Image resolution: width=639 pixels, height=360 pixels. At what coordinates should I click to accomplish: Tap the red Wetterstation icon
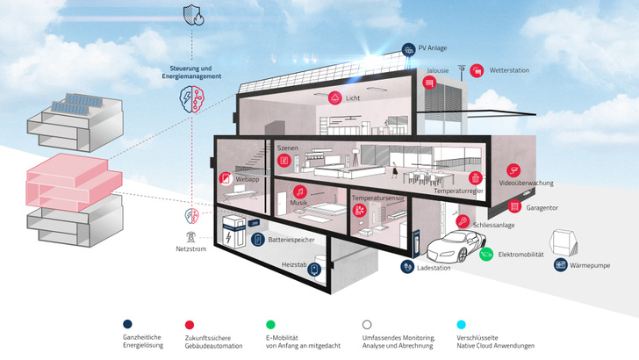pyautogui.click(x=477, y=68)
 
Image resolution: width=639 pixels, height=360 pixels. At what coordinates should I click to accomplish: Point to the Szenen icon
pyautogui.click(x=286, y=165)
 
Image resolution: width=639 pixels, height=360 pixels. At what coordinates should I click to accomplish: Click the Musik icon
pyautogui.click(x=298, y=191)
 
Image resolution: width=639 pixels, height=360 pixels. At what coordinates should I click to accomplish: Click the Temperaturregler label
pyautogui.click(x=459, y=191)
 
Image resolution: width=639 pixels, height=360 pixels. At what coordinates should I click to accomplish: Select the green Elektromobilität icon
pyautogui.click(x=486, y=255)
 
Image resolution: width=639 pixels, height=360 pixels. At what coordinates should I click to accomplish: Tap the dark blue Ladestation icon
pyautogui.click(x=407, y=265)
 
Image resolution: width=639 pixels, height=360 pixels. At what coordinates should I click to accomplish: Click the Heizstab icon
pyautogui.click(x=313, y=271)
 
